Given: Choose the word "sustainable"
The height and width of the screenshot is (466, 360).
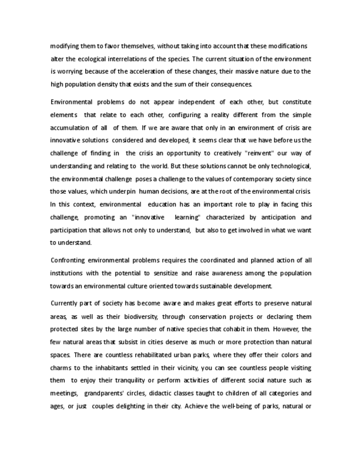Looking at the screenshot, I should point(220,286).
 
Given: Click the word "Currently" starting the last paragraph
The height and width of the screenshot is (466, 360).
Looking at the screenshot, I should point(67,303).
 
